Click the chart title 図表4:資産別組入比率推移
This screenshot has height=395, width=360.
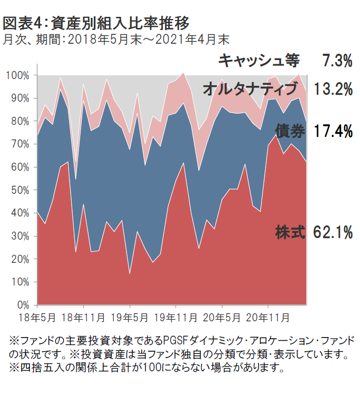tap(95, 23)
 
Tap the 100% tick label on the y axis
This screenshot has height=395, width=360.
tap(18, 75)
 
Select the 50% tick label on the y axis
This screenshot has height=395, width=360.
tap(21, 190)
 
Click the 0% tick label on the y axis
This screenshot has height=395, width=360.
tap(23, 305)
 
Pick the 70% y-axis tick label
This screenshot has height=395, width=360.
tap(21, 144)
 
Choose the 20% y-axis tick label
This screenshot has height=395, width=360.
tap(21, 259)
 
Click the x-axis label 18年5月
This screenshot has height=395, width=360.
tap(38, 318)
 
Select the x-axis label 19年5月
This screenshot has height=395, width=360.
tap(130, 318)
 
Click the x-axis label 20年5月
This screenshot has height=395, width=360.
tap(221, 318)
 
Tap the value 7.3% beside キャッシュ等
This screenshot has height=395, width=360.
tap(337, 61)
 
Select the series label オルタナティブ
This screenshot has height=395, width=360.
tap(251, 89)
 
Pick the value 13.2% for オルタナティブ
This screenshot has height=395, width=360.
tap(333, 89)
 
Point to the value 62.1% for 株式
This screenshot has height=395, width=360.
tap(333, 232)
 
